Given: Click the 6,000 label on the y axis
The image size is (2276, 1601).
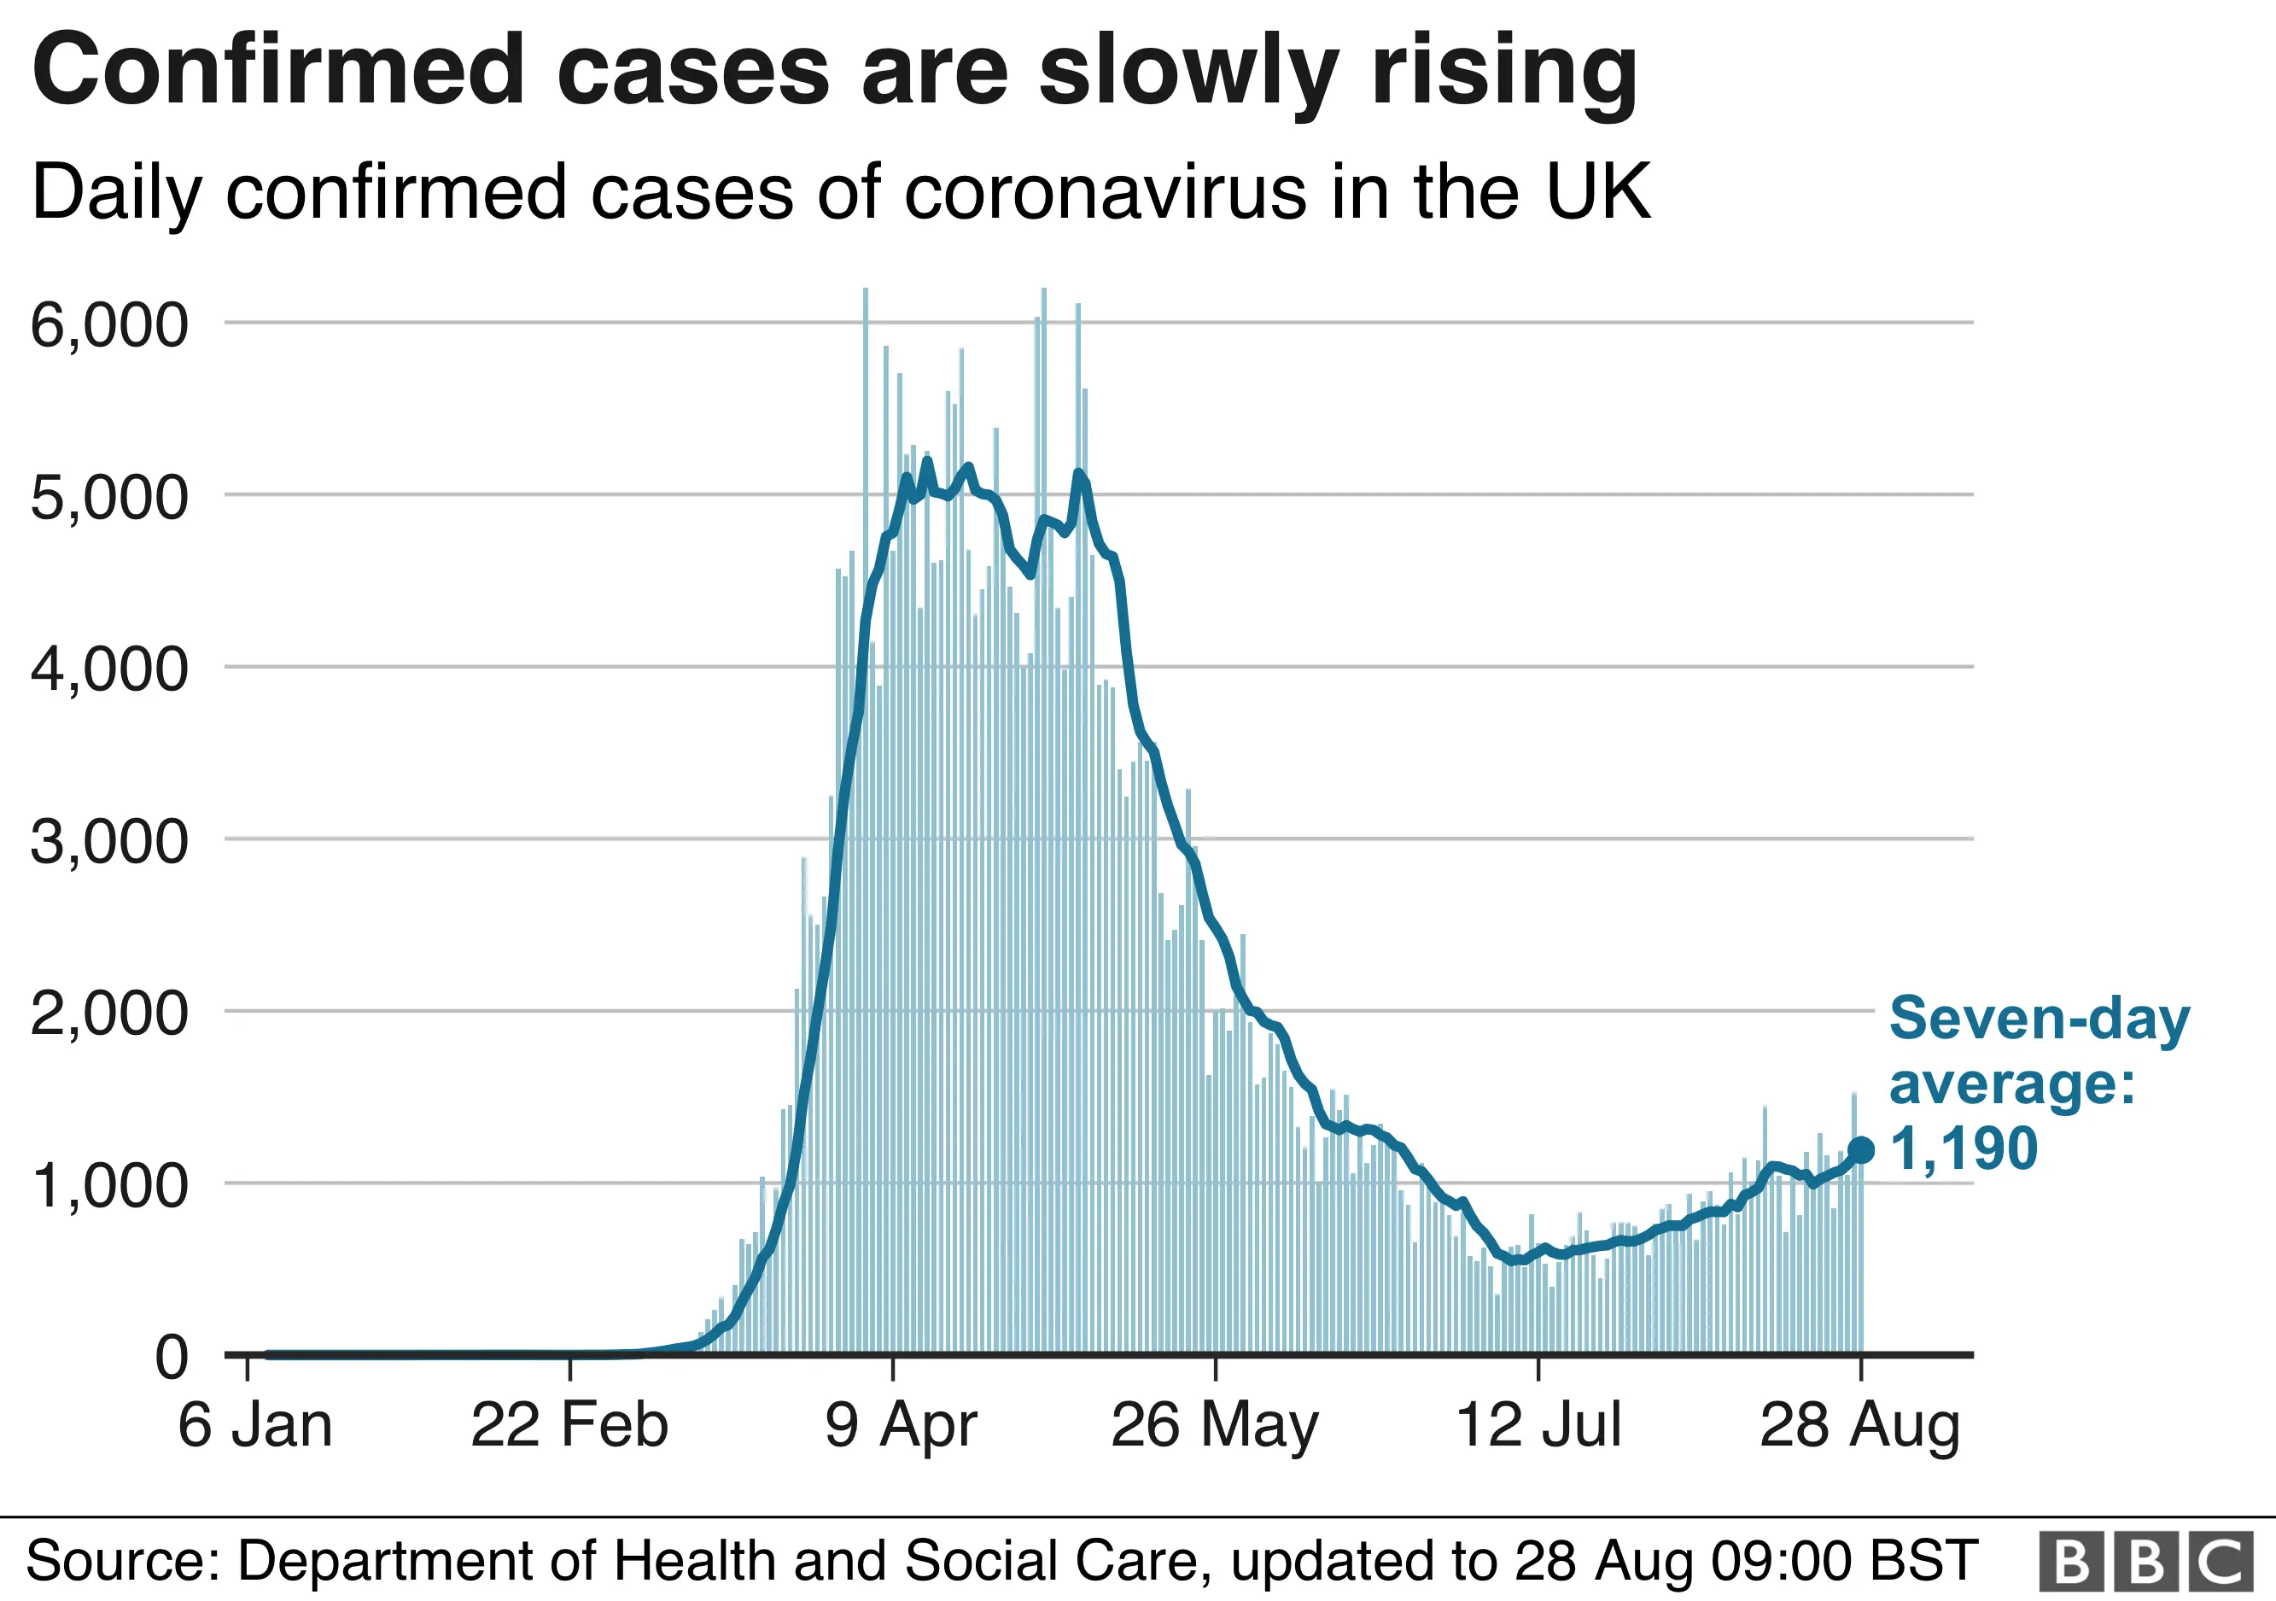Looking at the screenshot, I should [108, 325].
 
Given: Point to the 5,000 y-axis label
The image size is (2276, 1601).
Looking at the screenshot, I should [108, 498].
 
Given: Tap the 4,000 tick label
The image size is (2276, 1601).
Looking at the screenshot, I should [108, 669].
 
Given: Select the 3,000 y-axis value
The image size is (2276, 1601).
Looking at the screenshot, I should [108, 842].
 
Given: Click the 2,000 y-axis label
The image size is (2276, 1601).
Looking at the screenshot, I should [108, 1014].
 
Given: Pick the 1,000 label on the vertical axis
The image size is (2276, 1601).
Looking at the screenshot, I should [108, 1186].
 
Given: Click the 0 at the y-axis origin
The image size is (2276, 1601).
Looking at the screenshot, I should [171, 1357].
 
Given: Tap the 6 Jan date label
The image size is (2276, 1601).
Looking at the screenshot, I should [254, 1426].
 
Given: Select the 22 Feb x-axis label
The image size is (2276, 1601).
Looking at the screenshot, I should [569, 1426].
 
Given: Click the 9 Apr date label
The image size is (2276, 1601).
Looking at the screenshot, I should [900, 1426].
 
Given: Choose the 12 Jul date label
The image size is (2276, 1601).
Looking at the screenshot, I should [1538, 1426].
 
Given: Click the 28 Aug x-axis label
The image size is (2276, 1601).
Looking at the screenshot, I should [1859, 1426].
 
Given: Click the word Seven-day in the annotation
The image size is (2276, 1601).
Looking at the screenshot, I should [2039, 1018].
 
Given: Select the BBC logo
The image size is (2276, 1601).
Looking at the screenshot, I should [2145, 1562].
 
